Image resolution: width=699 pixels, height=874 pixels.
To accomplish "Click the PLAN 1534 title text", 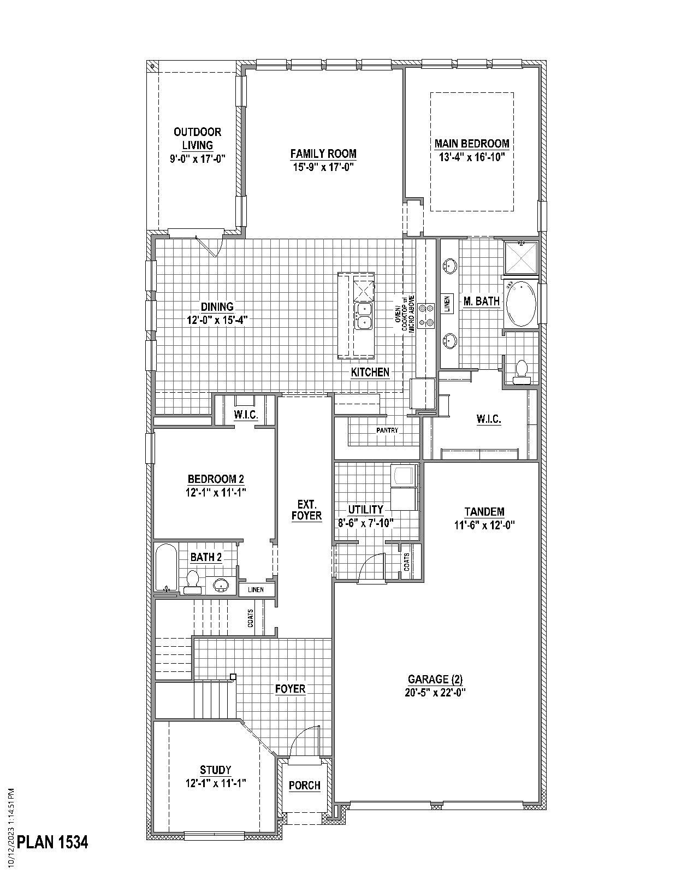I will [x=52, y=842].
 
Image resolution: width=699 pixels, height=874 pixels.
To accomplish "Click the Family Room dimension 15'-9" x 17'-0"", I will [x=323, y=167].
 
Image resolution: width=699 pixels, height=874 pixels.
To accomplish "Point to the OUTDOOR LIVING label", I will [x=197, y=138].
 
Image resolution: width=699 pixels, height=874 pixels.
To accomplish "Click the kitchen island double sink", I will [x=364, y=316].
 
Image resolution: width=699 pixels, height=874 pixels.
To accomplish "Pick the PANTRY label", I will [x=387, y=430].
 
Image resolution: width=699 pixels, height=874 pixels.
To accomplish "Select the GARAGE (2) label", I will [x=435, y=680].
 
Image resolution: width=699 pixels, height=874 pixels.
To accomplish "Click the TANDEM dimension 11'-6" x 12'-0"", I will [x=484, y=525].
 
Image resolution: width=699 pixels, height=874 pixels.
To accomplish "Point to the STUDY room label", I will [x=215, y=770].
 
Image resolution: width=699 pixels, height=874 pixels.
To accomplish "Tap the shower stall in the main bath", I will [x=520, y=258].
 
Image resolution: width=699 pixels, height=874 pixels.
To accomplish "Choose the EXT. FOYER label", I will [x=306, y=510].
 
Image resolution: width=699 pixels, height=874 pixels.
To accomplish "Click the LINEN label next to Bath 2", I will [x=256, y=589].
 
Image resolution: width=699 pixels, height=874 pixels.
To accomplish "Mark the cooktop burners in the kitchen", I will [x=426, y=316].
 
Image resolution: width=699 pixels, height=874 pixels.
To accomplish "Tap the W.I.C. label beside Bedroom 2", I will [x=246, y=415].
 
